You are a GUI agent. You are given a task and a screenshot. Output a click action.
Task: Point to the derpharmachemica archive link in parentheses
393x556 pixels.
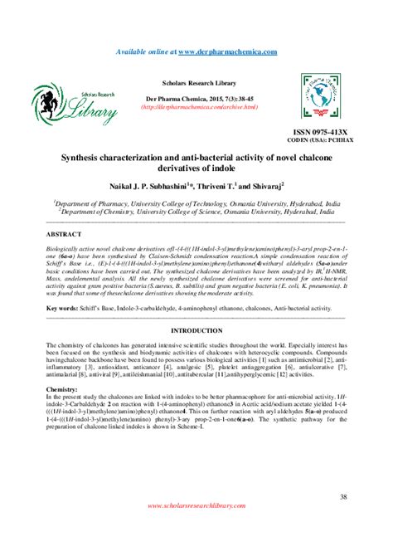tap(198, 107)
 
